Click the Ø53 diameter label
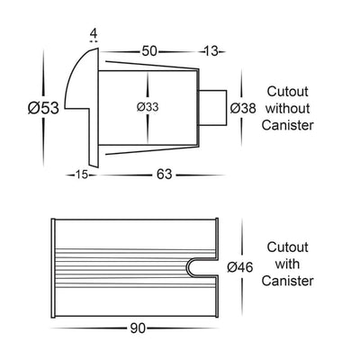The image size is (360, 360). (x=43, y=108)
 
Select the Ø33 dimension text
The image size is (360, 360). (x=148, y=107)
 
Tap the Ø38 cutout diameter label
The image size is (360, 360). (x=243, y=108)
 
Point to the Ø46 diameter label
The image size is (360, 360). (x=240, y=267)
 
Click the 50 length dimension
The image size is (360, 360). (x=149, y=51)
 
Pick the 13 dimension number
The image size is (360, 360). (x=211, y=51)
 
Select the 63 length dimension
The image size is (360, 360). (x=164, y=175)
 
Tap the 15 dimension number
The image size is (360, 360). (x=81, y=175)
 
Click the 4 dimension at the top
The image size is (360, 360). (x=94, y=33)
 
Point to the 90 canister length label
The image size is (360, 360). (x=138, y=328)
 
